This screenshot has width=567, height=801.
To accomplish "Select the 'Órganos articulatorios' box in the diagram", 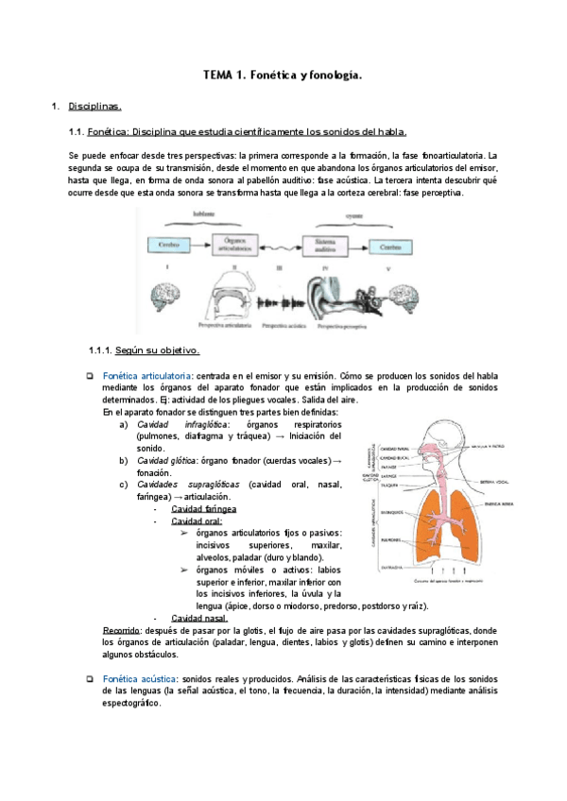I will (x=232, y=246).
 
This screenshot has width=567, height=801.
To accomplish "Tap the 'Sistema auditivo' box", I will (x=323, y=246).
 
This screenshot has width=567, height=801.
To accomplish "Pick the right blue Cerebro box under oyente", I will (x=390, y=246).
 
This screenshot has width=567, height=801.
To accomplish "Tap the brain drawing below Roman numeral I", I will (x=164, y=295).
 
